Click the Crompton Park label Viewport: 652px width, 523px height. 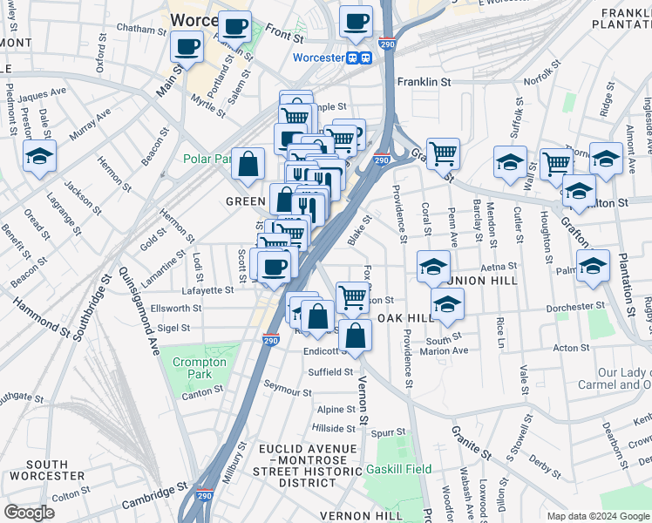pyautogui.click(x=200, y=368)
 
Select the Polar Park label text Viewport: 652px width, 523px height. pyautogui.click(x=207, y=160)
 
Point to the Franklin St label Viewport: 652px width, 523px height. pyautogui.click(x=424, y=82)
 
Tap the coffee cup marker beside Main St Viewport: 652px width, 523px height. pyautogui.click(x=187, y=47)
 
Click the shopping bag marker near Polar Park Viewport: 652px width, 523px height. pyautogui.click(x=248, y=163)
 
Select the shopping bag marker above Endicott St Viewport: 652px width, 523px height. pyautogui.click(x=356, y=334)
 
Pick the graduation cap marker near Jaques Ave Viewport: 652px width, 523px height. pyautogui.click(x=39, y=155)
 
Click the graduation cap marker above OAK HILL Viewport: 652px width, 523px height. pyautogui.click(x=447, y=303)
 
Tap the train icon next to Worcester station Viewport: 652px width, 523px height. pyautogui.click(x=353, y=58)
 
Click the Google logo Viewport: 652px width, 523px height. pyautogui.click(x=30, y=513)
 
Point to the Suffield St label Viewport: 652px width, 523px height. pyautogui.click(x=330, y=371)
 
